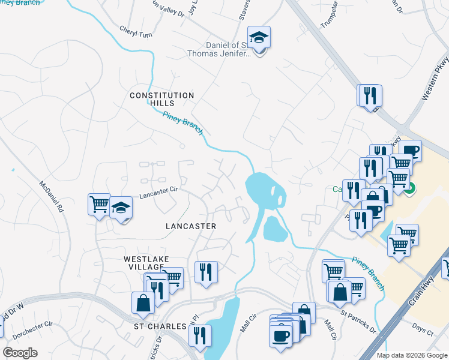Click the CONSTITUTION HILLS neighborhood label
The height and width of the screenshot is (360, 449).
[x=163, y=99]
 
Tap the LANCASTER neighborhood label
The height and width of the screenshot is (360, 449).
[x=190, y=226]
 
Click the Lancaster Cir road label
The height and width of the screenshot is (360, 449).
[x=160, y=191]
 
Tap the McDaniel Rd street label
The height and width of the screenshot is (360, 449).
[x=51, y=197]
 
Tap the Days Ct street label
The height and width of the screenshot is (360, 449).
[x=423, y=331]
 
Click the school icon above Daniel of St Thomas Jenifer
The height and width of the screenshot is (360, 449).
[x=259, y=38]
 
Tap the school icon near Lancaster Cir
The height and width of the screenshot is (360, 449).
[x=121, y=208]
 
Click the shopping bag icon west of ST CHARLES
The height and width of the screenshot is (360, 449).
[x=143, y=302]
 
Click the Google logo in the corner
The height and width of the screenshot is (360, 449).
[x=20, y=352]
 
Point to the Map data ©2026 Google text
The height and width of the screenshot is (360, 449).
[x=411, y=355]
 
